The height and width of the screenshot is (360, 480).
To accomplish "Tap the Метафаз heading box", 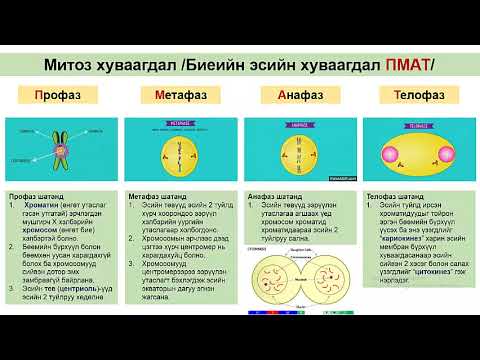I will click(x=180, y=97).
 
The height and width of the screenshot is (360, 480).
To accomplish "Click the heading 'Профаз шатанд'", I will click(x=37, y=196).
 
